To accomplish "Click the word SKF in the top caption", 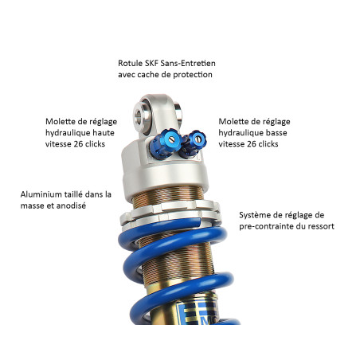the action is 151,64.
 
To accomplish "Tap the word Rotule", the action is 131,64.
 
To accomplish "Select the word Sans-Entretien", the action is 188,64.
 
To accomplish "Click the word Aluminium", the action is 41,194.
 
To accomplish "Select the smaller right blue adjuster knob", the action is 193,144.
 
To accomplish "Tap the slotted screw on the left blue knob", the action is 172,139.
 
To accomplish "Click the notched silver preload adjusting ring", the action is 170,213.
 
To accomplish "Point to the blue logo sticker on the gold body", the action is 198,313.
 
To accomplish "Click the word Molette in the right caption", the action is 231,122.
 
